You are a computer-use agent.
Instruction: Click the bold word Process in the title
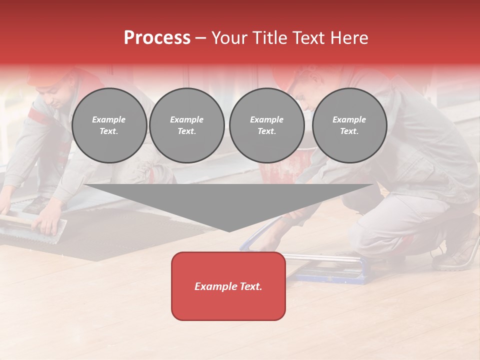tap(157, 38)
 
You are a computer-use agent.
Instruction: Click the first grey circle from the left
tap(109, 125)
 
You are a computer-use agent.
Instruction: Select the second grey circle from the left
tap(187, 125)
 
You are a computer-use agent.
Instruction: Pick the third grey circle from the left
tap(266, 125)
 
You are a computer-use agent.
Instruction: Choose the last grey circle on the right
tap(349, 125)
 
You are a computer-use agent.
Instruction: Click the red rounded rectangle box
tap(228, 286)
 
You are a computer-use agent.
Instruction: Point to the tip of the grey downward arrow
tap(229, 230)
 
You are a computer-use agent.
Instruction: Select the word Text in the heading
tap(308, 38)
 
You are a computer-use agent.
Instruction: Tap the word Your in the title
tap(229, 38)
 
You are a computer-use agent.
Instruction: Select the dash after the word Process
tap(201, 38)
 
